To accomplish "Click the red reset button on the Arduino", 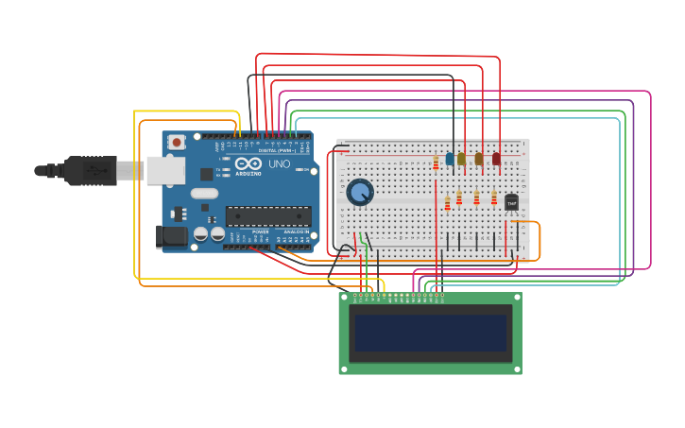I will click(176, 143).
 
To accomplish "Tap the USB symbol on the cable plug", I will click(94, 171).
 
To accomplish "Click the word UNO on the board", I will click(280, 164).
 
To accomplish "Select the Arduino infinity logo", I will click(248, 163).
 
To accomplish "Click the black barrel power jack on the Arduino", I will click(171, 236).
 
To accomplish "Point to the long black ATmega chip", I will click(267, 215).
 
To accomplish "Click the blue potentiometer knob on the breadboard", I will click(359, 193).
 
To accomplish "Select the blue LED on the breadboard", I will click(450, 159).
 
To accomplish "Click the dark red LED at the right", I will click(496, 159).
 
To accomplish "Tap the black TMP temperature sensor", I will click(511, 202).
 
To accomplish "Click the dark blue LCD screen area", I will click(430, 333).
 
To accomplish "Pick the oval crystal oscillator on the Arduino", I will click(204, 193).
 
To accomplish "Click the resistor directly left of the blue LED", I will click(436, 163).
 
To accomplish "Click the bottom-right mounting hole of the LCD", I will click(517, 368).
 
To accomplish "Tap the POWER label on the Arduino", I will click(260, 231).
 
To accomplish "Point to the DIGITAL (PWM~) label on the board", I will click(276, 150).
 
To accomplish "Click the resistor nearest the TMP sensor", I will click(493, 197).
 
